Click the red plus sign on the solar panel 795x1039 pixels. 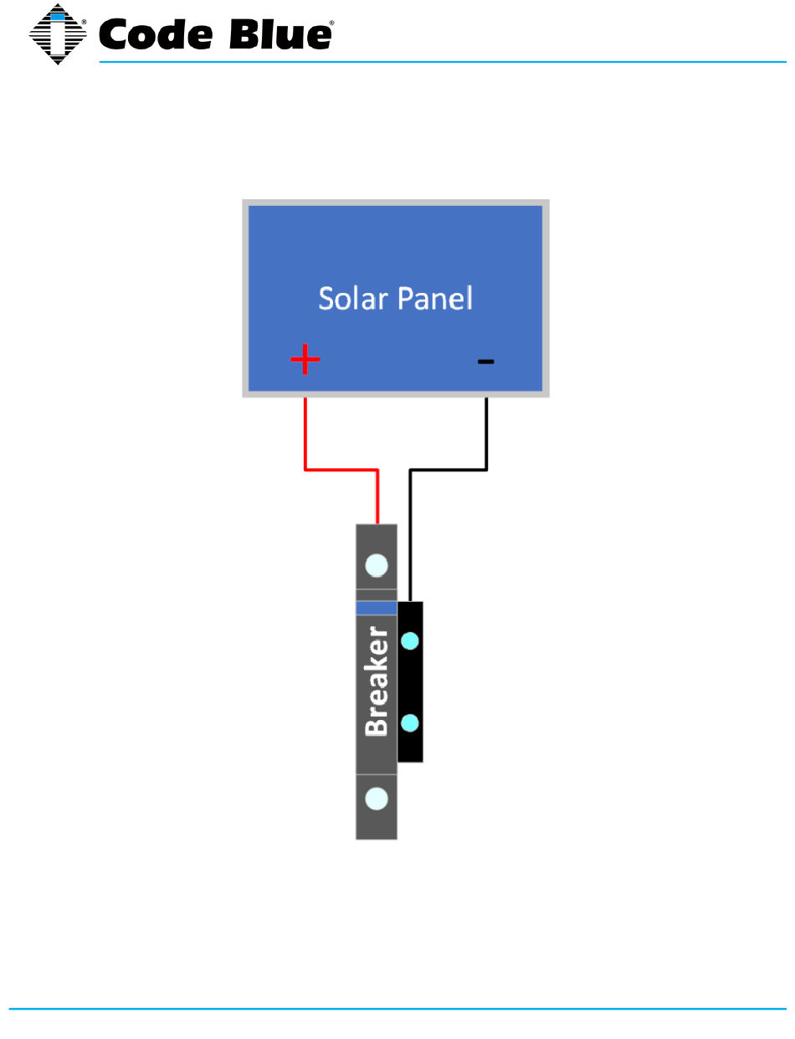coord(305,362)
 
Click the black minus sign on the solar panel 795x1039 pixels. coord(485,362)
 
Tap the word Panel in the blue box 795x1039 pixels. coord(434,298)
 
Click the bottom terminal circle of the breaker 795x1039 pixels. coord(377,799)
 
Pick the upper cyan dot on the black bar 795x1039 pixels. coord(410,641)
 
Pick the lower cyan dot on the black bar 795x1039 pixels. coord(410,723)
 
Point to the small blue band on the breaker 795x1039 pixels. coord(377,608)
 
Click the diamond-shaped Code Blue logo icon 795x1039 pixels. coord(58,34)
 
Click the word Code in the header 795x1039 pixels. coord(151,35)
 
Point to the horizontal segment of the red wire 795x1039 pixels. coord(341,470)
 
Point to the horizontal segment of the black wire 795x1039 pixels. coord(448,471)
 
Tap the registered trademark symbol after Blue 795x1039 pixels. coord(332,24)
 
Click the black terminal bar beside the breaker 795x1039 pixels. coord(410,682)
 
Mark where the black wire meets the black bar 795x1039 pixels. coord(410,600)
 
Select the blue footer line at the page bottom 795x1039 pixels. coord(397,1009)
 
